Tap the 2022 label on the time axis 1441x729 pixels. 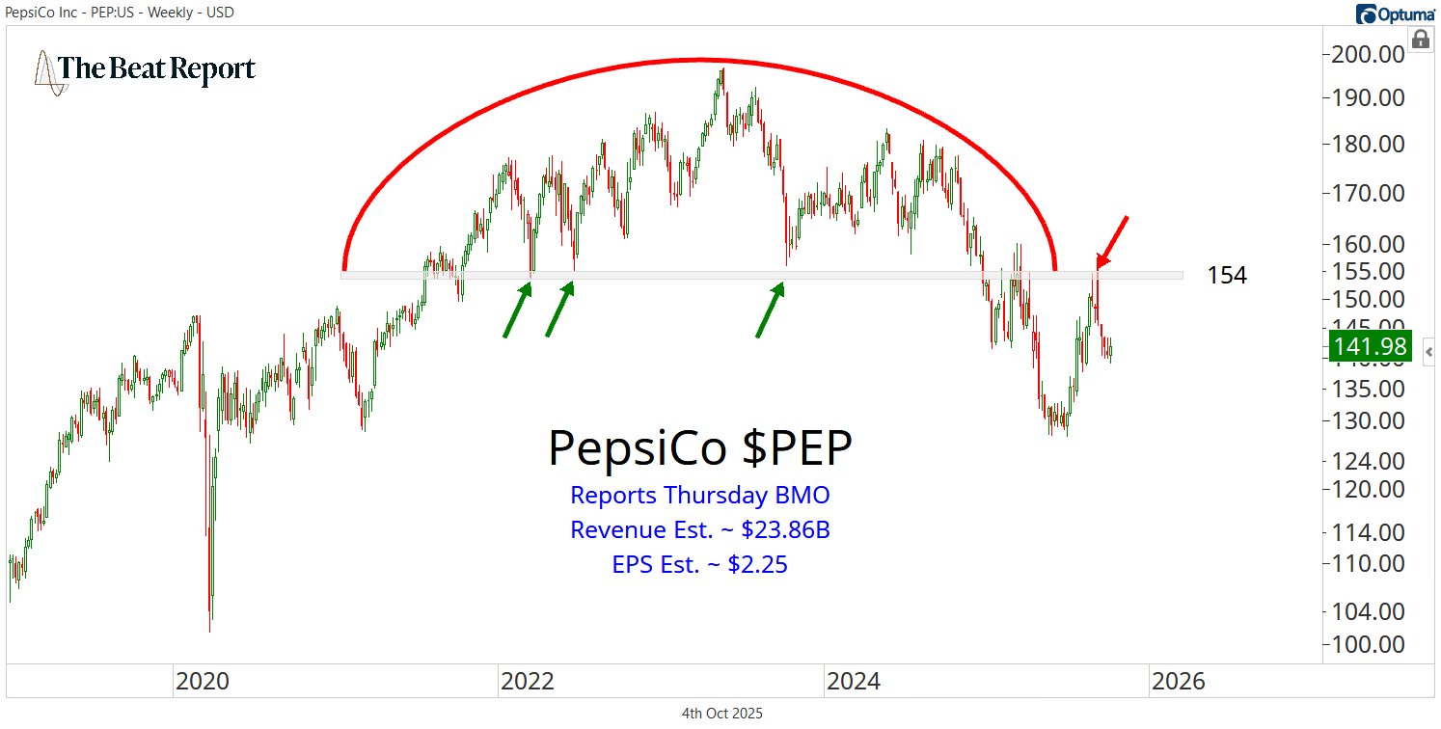pyautogui.click(x=527, y=682)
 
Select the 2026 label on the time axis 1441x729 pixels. pyautogui.click(x=1178, y=682)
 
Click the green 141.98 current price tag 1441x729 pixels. pyautogui.click(x=1370, y=346)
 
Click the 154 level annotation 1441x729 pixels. pyautogui.click(x=1227, y=276)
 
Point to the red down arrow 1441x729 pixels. pyautogui.click(x=1111, y=241)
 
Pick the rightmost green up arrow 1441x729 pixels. pyautogui.click(x=769, y=310)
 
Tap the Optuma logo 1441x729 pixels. pyautogui.click(x=1394, y=13)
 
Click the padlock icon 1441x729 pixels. pyautogui.click(x=1420, y=40)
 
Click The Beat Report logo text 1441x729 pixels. pyautogui.click(x=157, y=69)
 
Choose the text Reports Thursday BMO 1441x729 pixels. pyautogui.click(x=699, y=496)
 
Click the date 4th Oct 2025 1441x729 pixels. pyautogui.click(x=721, y=714)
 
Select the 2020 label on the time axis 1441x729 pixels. pyautogui.click(x=202, y=682)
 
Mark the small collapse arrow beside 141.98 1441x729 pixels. pyautogui.click(x=1428, y=351)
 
